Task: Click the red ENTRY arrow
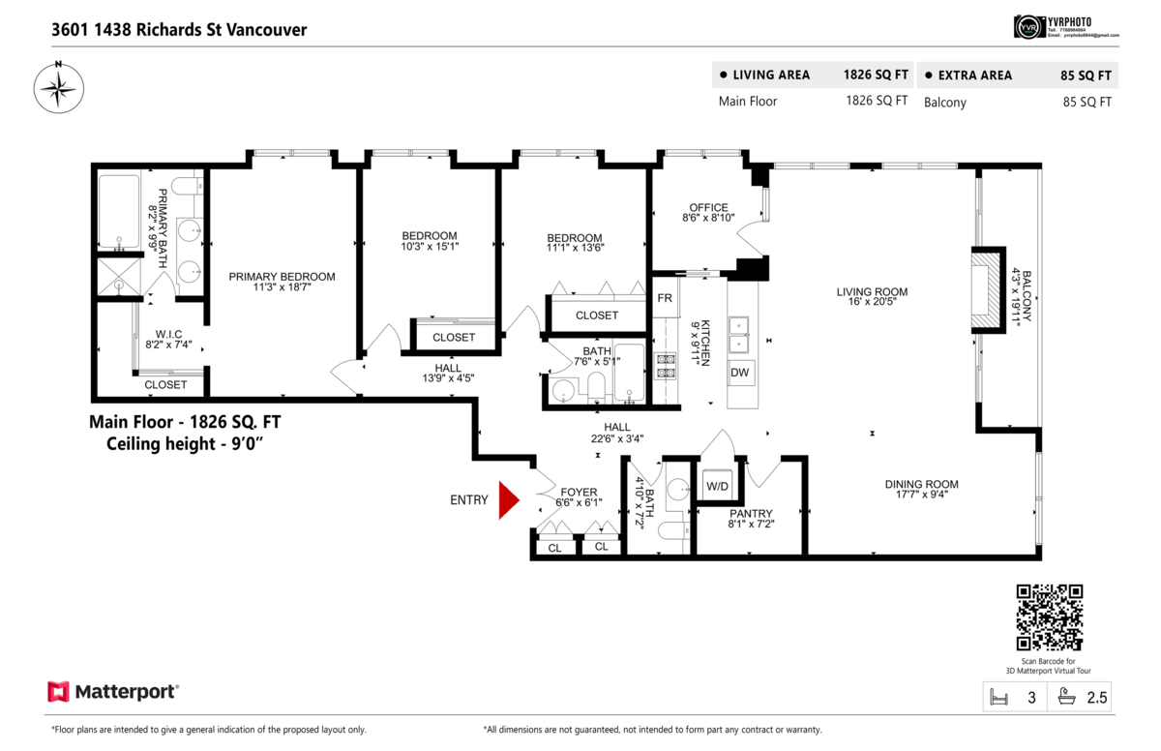[x=508, y=500]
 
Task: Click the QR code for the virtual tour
[x=1049, y=617]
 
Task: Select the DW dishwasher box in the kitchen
[x=739, y=373]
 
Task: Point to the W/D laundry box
[x=717, y=486]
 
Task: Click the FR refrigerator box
[x=665, y=298]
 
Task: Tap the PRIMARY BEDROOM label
[x=282, y=277]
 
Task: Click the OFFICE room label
[x=708, y=207]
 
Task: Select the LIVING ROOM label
[x=872, y=291]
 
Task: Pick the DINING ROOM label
[x=921, y=485]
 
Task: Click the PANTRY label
[x=751, y=513]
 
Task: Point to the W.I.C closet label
[x=168, y=334]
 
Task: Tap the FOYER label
[x=580, y=492]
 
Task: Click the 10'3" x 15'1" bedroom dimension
[x=430, y=247]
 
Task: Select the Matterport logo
[x=113, y=692]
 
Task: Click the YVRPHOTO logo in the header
[x=1065, y=27]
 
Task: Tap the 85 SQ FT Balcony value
[x=1087, y=102]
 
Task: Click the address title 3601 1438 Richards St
[x=179, y=30]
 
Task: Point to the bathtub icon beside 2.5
[x=1068, y=696]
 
